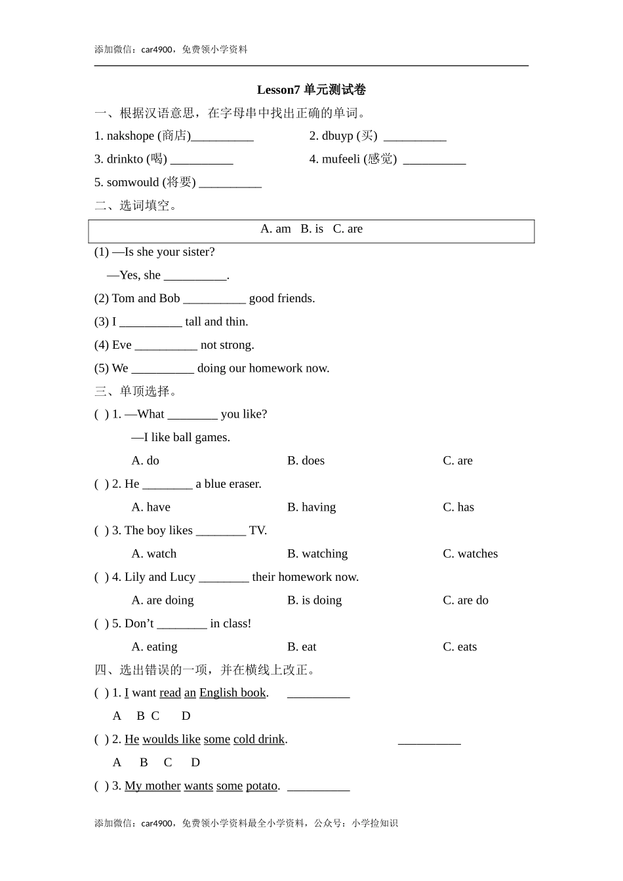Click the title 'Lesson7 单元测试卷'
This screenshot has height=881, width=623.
point(311,90)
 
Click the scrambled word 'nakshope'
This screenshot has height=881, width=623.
point(130,136)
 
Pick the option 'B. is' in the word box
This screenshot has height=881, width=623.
point(311,229)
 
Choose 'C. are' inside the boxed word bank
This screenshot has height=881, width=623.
point(348,229)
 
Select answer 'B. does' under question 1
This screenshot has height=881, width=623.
point(306,461)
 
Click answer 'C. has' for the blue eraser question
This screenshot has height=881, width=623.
point(458,507)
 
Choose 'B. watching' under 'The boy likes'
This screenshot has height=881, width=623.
point(317,554)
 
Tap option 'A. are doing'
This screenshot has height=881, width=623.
point(163,600)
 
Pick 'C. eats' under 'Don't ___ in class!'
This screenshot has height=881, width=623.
point(460,647)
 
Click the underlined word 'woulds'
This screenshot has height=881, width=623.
point(161,739)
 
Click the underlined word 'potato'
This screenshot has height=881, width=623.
point(262,786)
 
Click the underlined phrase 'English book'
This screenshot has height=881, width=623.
point(232,693)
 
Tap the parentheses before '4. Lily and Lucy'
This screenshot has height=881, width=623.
point(102,578)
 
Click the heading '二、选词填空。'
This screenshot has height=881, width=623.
point(136,206)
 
